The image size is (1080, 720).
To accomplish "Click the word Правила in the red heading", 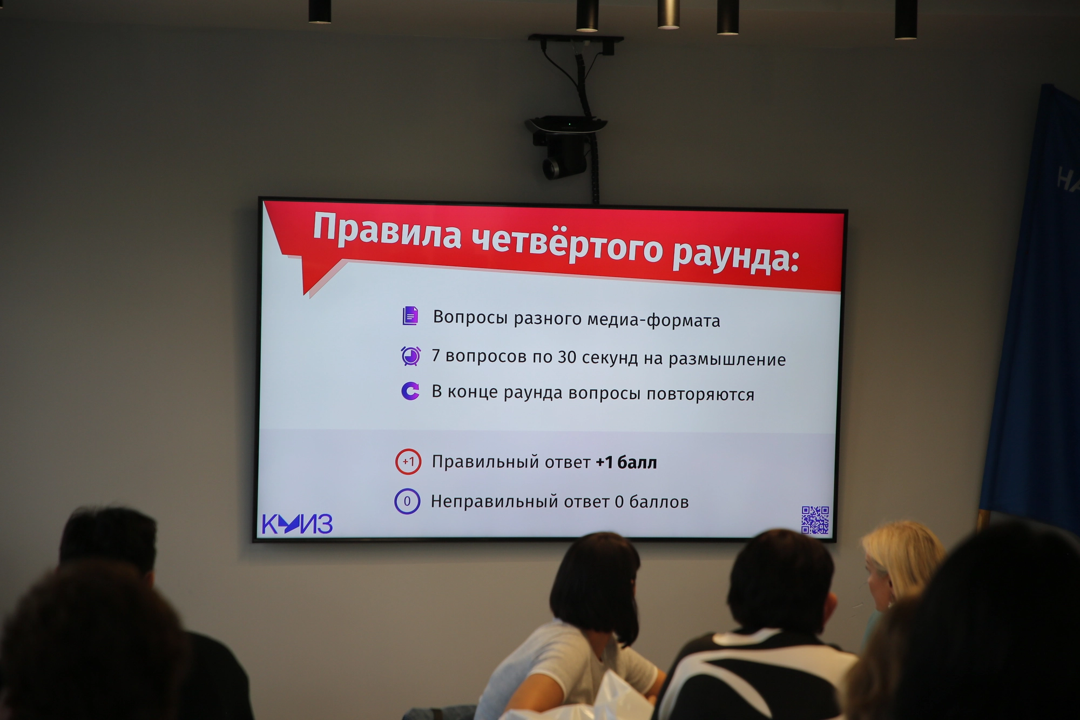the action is [x=387, y=231].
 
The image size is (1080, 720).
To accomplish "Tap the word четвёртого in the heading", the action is [x=567, y=242].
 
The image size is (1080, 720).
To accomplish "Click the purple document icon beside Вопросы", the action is [x=410, y=315].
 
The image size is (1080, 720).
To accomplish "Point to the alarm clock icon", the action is [x=411, y=356].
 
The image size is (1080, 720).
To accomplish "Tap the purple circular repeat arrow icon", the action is [x=410, y=391].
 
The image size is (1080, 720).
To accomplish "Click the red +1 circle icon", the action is [x=408, y=462].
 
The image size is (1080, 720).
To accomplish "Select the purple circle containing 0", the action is [x=407, y=501].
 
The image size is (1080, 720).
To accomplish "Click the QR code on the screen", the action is [x=815, y=520].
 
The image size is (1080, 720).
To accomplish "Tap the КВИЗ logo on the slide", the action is [x=297, y=524].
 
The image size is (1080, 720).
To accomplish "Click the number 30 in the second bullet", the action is [x=567, y=357].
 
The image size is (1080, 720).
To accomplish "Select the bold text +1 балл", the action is [x=626, y=462].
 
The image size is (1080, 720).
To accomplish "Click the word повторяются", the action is [x=700, y=394].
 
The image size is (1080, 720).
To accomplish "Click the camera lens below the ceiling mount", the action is [x=552, y=169].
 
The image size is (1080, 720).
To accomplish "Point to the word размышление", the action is [x=727, y=360].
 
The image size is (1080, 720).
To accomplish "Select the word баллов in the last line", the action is [x=659, y=502].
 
